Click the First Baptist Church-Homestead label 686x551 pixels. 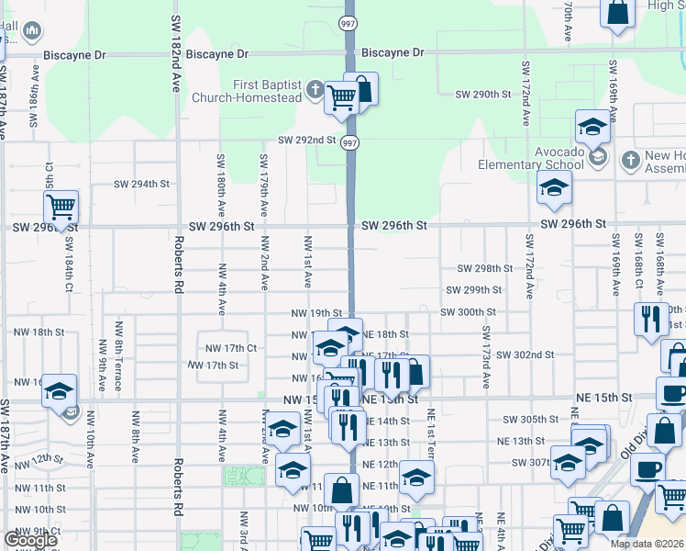click(x=267, y=91)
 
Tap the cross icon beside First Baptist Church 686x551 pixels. click(x=315, y=90)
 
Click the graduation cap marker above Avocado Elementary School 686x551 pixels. click(x=592, y=127)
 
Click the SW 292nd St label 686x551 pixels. click(x=307, y=141)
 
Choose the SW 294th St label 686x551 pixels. click(x=141, y=184)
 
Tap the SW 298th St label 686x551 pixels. click(x=484, y=268)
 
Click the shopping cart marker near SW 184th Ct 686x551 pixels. click(x=61, y=207)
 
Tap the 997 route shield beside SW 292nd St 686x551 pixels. click(x=351, y=142)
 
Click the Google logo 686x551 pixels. click(x=30, y=540)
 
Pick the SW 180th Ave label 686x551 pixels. click(x=221, y=185)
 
